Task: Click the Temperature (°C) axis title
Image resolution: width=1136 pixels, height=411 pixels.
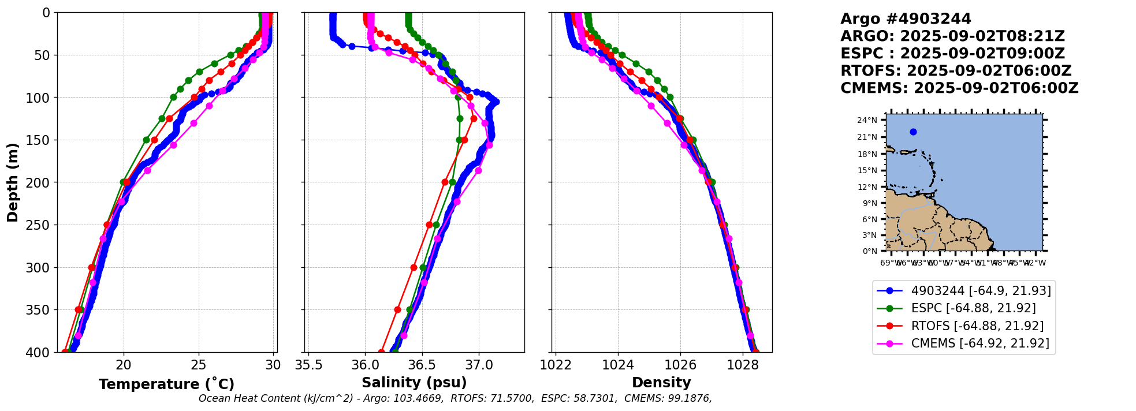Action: tap(166, 384)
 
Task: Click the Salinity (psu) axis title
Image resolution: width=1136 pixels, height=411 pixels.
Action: tap(414, 383)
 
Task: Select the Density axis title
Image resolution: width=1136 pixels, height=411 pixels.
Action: tap(661, 383)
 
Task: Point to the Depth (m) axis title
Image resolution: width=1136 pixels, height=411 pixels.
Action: tap(13, 182)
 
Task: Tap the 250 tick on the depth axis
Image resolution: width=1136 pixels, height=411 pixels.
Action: tap(43, 225)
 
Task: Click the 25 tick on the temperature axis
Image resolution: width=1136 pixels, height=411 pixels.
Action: tap(199, 365)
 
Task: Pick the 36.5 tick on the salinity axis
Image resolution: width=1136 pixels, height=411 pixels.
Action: tap(422, 365)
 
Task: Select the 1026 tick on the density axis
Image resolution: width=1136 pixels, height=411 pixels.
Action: tap(680, 365)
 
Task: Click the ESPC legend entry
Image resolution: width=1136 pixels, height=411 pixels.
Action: tap(973, 308)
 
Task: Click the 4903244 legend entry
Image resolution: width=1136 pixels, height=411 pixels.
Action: tap(981, 291)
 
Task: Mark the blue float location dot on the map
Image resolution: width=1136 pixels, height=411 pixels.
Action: tap(913, 132)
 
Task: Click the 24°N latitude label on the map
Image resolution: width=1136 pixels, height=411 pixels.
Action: tap(867, 120)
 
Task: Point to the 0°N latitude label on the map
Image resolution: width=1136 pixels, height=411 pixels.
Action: tap(870, 251)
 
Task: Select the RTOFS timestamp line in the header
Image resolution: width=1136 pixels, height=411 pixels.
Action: tap(956, 71)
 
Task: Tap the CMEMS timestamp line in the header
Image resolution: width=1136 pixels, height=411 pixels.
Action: tap(959, 88)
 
